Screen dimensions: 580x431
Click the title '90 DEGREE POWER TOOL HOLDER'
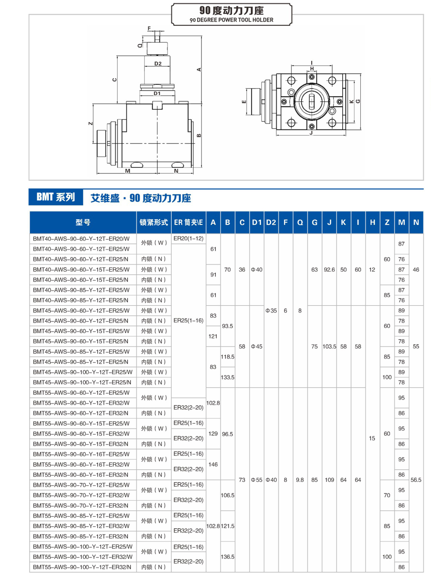[x=231, y=20]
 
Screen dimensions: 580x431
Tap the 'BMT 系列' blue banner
[x=56, y=197]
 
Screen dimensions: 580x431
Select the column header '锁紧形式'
[x=154, y=222]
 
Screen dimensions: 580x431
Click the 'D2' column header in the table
[x=271, y=222]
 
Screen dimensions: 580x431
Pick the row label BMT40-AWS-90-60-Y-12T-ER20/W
[x=81, y=239]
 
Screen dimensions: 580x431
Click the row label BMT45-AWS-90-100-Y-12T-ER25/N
[x=82, y=382]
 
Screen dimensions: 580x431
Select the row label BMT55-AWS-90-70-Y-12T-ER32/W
[x=81, y=495]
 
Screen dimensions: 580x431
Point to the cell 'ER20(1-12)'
[x=188, y=239]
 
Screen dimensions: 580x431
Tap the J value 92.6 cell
[x=329, y=270]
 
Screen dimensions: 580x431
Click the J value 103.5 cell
[x=329, y=347]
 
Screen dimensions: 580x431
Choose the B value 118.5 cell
[x=228, y=357]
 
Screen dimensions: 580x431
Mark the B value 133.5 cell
[x=228, y=377]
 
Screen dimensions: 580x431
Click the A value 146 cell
[x=213, y=464]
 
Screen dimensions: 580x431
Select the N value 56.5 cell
[x=416, y=480]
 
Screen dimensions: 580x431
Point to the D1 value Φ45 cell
[x=256, y=347]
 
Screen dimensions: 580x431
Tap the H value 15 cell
[x=372, y=438]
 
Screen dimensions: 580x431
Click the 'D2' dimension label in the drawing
[x=158, y=63]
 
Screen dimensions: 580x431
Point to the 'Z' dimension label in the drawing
[x=91, y=123]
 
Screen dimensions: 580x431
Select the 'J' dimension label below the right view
[x=311, y=133]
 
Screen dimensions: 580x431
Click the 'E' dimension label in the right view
[x=244, y=102]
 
